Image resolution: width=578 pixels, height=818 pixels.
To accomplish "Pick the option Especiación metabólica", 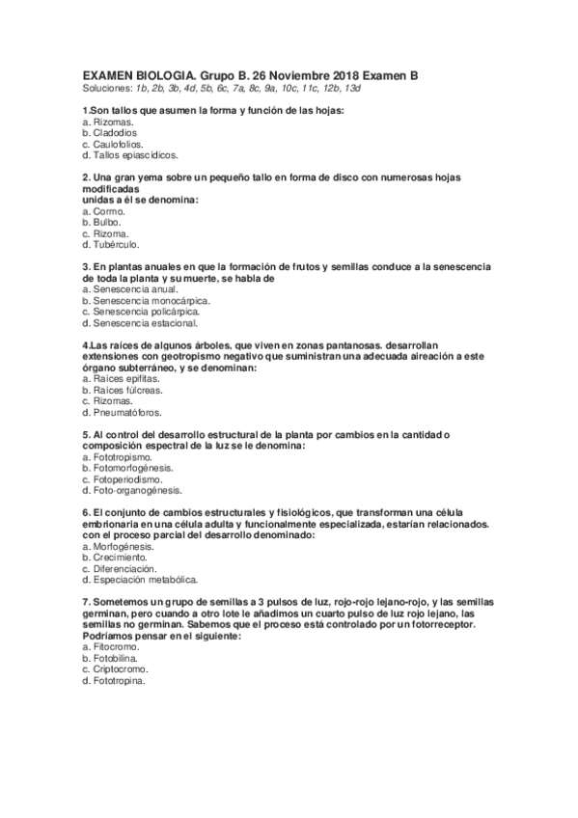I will [x=139, y=580].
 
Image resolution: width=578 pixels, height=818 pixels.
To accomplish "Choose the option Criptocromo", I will [x=118, y=669].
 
